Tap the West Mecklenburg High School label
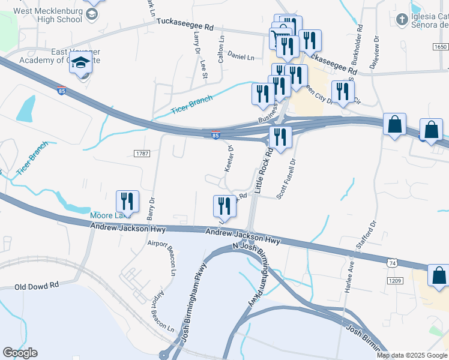click(x=47, y=15)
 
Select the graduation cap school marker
click(x=80, y=62)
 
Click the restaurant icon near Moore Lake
click(x=127, y=200)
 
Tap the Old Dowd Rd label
click(x=37, y=287)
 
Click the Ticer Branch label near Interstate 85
click(x=192, y=103)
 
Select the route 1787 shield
click(x=142, y=154)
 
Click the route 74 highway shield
click(x=392, y=263)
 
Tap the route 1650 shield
click(x=440, y=47)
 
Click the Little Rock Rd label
click(x=264, y=171)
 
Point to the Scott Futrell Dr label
click(x=287, y=179)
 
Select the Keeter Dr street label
click(x=229, y=158)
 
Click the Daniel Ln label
click(x=241, y=57)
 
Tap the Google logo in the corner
click(x=20, y=353)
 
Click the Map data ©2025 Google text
click(x=412, y=355)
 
